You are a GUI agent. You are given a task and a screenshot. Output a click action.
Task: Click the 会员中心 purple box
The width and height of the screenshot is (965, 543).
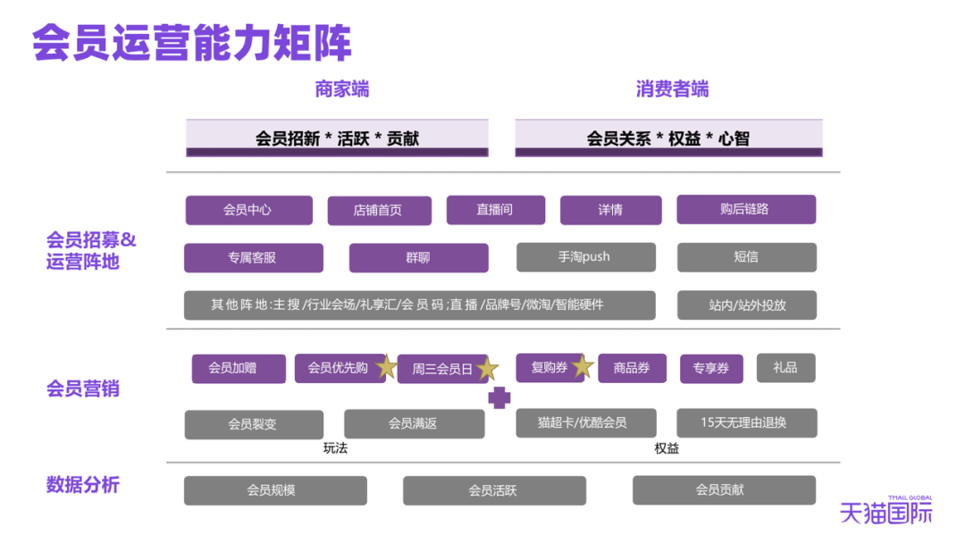(x=248, y=211)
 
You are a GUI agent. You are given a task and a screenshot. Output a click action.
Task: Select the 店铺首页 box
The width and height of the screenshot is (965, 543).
(x=379, y=211)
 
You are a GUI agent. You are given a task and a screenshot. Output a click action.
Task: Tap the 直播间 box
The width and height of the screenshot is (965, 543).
(x=494, y=210)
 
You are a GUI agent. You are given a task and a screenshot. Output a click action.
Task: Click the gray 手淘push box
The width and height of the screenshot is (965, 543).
(x=585, y=257)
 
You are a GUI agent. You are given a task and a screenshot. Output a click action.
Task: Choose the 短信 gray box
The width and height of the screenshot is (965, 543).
(x=746, y=257)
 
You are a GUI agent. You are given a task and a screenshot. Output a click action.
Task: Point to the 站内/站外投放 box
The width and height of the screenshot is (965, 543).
(x=746, y=305)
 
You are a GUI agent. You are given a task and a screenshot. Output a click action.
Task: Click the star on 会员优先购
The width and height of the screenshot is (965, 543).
(x=386, y=367)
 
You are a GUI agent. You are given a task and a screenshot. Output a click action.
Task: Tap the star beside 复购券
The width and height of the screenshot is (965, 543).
(x=583, y=366)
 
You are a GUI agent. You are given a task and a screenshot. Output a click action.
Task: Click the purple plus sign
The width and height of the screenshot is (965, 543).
(x=499, y=397)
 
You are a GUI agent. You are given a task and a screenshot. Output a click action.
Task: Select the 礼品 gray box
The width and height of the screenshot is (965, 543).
(x=785, y=367)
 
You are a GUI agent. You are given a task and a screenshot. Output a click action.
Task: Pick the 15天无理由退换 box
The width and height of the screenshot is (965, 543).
(x=746, y=423)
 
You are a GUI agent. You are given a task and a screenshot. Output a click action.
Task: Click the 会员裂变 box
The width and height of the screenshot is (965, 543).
(x=253, y=424)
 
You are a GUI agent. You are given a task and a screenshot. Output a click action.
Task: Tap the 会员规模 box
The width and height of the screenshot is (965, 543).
(x=275, y=490)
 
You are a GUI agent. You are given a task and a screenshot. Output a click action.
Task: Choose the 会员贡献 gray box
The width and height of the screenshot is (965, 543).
(x=724, y=489)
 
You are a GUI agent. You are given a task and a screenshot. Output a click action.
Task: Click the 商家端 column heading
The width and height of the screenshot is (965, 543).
(x=341, y=89)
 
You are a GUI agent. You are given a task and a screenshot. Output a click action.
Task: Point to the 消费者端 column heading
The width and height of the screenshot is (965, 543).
(x=672, y=89)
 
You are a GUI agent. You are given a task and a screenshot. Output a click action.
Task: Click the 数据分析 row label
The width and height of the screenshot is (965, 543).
(x=82, y=485)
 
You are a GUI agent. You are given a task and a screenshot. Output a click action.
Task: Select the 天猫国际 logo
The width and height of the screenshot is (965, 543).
(x=885, y=510)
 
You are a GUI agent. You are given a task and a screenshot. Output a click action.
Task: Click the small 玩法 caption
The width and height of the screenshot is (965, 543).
(x=335, y=448)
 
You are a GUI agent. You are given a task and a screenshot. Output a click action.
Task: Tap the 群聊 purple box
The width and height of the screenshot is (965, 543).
(x=418, y=258)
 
